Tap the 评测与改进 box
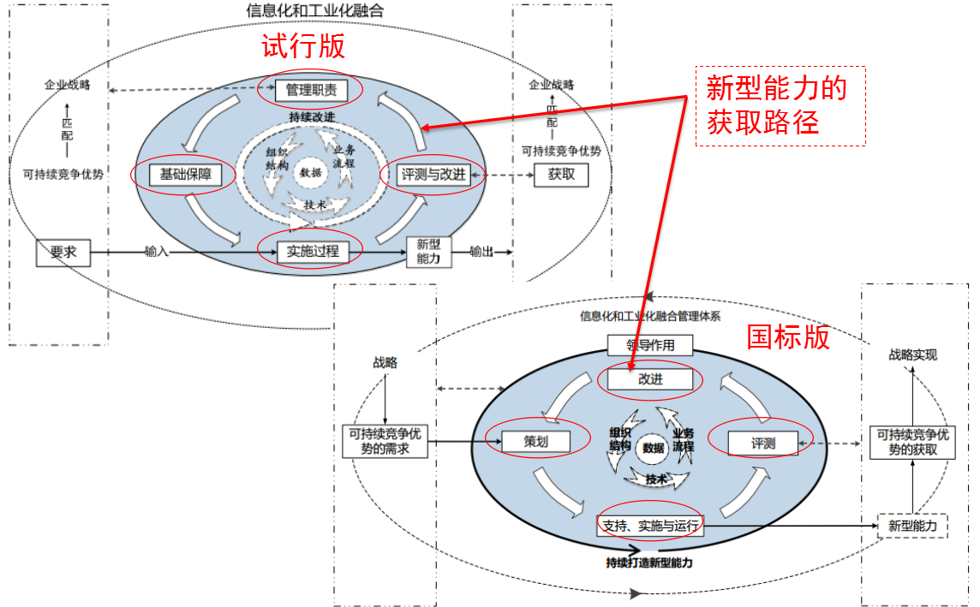pyautogui.click(x=433, y=175)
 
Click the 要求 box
pyautogui.click(x=63, y=253)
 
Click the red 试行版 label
pyautogui.click(x=303, y=46)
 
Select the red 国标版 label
pyautogui.click(x=788, y=337)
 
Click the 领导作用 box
pyautogui.click(x=649, y=346)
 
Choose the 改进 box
pyautogui.click(x=650, y=378)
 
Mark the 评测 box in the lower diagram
pyautogui.click(x=762, y=443)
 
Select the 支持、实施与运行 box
pyautogui.click(x=650, y=525)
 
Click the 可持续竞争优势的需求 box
pyautogui.click(x=385, y=441)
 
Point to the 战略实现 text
pyautogui.click(x=912, y=354)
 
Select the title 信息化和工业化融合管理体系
pyautogui.click(x=650, y=316)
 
